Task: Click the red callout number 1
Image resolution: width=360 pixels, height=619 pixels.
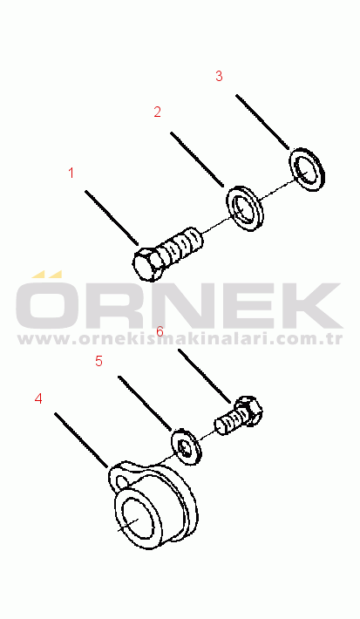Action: coord(71,173)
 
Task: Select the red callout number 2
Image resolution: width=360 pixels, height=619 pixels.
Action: coord(157,112)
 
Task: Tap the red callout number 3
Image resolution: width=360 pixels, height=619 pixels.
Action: coord(219,76)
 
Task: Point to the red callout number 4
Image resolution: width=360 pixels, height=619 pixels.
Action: coord(38,398)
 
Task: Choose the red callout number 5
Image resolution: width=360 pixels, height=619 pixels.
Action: coord(99,361)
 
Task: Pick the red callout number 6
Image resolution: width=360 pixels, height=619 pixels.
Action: coord(160,331)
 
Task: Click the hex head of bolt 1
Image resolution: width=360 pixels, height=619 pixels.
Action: coord(147,263)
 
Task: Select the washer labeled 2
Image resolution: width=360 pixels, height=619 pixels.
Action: coord(245,208)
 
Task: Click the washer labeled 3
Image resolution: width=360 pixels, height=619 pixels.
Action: coord(308,170)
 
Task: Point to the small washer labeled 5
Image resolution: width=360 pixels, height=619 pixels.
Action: coord(186,446)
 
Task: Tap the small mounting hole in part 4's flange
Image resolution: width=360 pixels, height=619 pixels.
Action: coord(123,482)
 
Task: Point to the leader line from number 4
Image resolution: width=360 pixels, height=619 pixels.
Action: coord(81,440)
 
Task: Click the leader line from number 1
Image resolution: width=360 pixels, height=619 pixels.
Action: coord(112,218)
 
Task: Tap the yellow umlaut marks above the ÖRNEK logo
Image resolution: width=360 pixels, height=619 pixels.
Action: coord(46,274)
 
